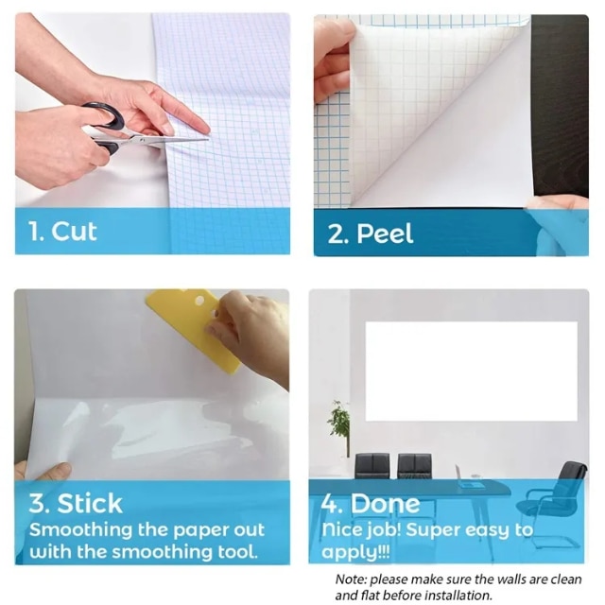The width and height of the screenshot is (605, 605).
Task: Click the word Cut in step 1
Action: tap(74, 232)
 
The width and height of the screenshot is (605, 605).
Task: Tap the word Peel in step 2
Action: tap(385, 233)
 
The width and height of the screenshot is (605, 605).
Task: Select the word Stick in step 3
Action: tap(90, 503)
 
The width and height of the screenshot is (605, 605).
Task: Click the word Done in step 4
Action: tap(385, 503)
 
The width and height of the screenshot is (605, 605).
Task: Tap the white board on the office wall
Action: tap(471, 371)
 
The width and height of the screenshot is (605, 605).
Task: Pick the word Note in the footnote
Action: tap(350, 579)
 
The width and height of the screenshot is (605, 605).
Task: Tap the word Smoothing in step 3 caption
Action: tap(81, 531)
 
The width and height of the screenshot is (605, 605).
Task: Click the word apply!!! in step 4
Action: tap(355, 552)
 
